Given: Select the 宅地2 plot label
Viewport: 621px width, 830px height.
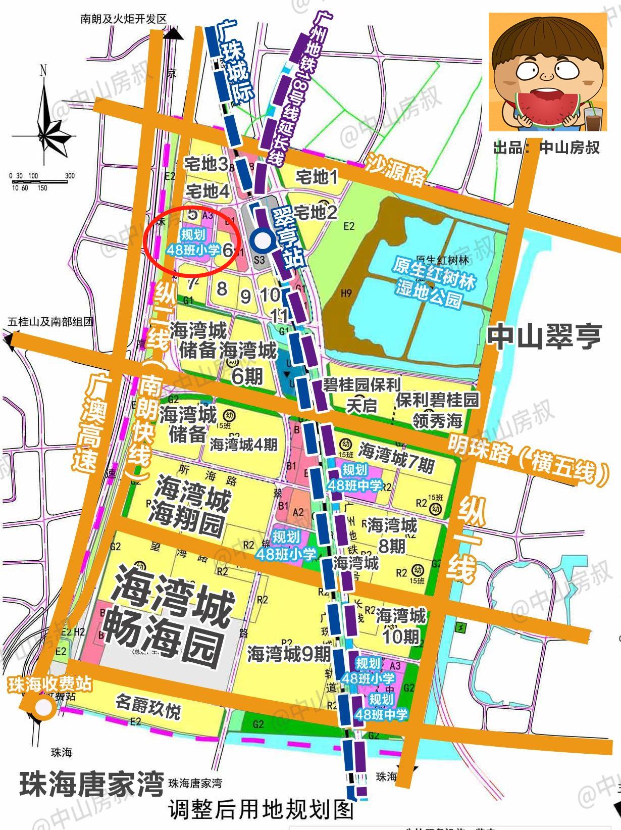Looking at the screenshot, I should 316,212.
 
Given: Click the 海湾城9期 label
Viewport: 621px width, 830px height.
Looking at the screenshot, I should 289,654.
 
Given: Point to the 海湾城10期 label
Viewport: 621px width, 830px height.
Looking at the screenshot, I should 401,625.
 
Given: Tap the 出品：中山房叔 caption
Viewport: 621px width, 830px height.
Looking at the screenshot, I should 546,147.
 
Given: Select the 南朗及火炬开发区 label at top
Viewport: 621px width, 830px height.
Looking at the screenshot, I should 123,19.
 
